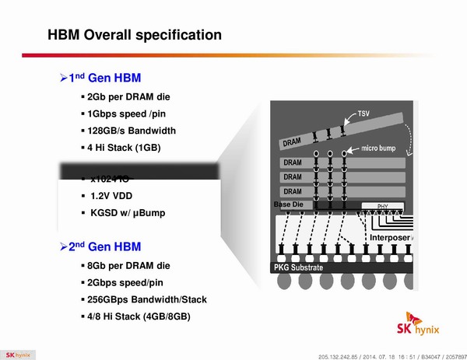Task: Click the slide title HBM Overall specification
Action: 135,35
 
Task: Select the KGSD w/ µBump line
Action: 128,213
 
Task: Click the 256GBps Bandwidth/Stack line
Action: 147,299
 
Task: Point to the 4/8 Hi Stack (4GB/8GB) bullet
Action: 139,316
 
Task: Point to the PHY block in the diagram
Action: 382,206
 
